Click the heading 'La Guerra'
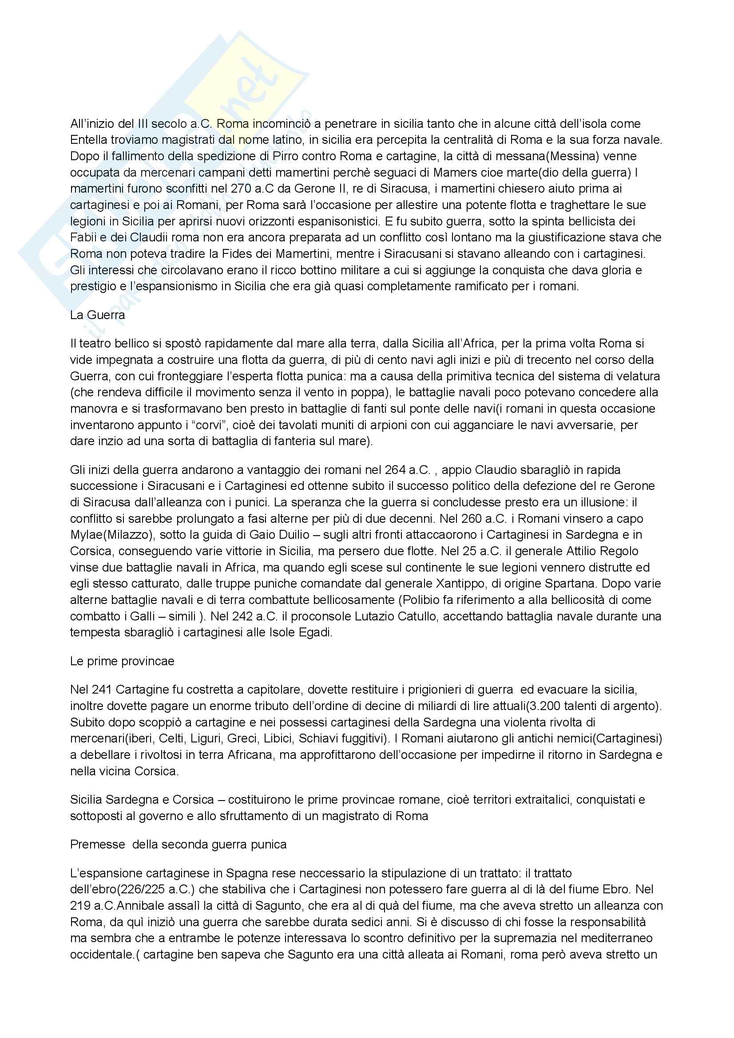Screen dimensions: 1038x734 (x=97, y=315)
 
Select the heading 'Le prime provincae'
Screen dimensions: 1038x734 (x=122, y=661)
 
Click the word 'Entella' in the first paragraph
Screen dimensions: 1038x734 (x=87, y=140)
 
